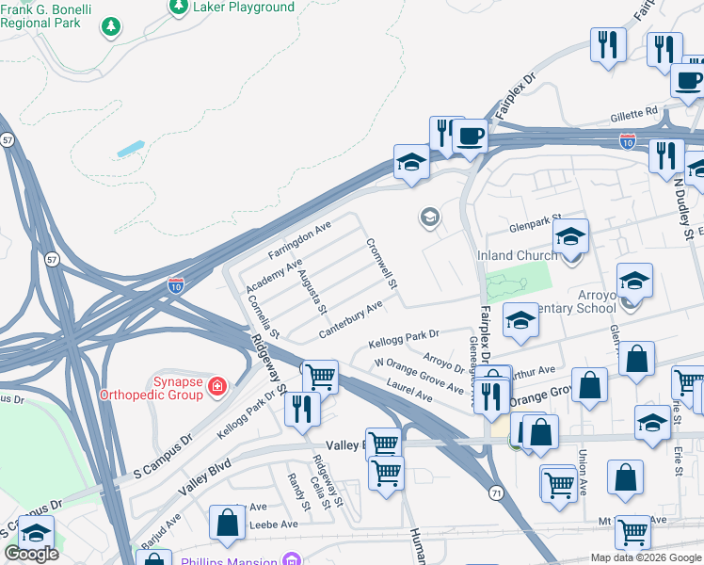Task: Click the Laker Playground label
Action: point(243,8)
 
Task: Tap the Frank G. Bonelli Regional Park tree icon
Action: point(112,26)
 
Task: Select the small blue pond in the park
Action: point(131,149)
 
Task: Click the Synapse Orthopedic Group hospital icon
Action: point(217,385)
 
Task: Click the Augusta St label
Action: point(312,291)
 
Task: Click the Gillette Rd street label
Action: point(632,112)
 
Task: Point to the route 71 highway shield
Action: point(495,492)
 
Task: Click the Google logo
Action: point(31,554)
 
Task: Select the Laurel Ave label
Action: point(408,392)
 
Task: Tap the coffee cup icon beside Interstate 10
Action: point(470,136)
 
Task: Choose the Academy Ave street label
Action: point(274,274)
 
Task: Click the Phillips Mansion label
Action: point(237,558)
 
